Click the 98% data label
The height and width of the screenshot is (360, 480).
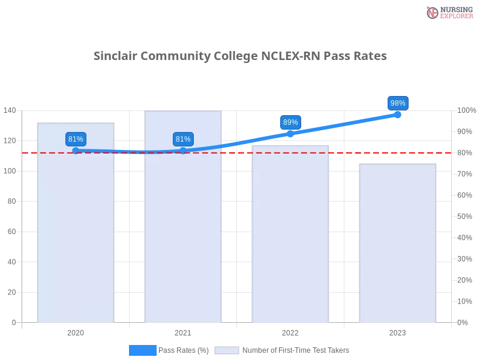[x=398, y=103]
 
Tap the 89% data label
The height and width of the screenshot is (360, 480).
[x=290, y=122]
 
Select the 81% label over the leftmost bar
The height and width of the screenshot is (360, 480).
[x=76, y=139]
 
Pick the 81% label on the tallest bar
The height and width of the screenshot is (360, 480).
[x=183, y=139]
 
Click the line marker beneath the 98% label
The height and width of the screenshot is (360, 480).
[x=398, y=114]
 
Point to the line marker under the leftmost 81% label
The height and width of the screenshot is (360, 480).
[x=76, y=150]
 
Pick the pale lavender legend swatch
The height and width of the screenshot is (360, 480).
[x=227, y=350]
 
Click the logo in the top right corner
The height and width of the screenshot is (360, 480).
[x=448, y=12]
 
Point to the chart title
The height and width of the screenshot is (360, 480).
[x=240, y=56]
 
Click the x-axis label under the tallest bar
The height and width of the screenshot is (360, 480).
[x=183, y=331]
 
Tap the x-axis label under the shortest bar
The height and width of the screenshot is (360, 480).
[x=397, y=331]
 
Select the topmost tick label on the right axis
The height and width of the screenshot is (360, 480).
[x=466, y=110]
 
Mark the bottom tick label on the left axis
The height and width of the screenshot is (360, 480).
[x=13, y=322]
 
